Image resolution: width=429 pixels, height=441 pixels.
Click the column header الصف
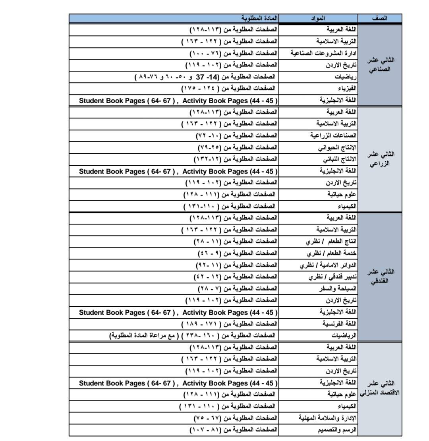coord(380,18)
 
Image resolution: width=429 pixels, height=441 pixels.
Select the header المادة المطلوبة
coord(259,18)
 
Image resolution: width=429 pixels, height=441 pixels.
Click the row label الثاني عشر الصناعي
coord(380,64)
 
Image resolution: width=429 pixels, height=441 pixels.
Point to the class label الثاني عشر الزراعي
coord(380,159)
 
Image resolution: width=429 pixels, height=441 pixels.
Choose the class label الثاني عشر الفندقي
coord(380,277)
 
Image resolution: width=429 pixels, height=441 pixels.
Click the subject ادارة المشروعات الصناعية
coord(323,53)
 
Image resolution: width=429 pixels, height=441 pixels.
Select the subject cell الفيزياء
coord(346,88)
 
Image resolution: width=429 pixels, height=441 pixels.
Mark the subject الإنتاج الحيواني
coord(337,147)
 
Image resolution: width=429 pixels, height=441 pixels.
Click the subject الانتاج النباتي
coord(338,159)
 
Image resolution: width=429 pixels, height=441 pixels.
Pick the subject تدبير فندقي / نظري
coord(332,277)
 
